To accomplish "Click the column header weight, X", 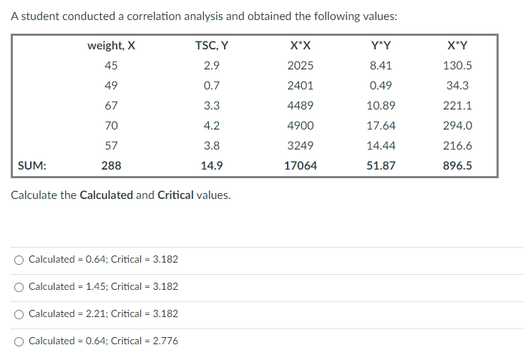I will (x=111, y=46).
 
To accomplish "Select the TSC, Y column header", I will (x=212, y=46).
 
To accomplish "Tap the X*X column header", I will (x=300, y=46).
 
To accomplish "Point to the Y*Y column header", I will (x=380, y=46).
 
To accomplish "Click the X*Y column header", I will (x=458, y=46).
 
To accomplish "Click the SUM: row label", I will (x=32, y=165).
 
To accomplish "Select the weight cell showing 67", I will (x=111, y=105).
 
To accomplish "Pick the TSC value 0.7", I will (x=212, y=85).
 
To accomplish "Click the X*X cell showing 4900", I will (x=300, y=125).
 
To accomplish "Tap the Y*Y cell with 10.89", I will (x=380, y=105).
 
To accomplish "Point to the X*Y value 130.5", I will (x=458, y=65).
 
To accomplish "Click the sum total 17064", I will (x=300, y=165).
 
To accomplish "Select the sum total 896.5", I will (x=458, y=165).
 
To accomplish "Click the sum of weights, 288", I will (x=111, y=165).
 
